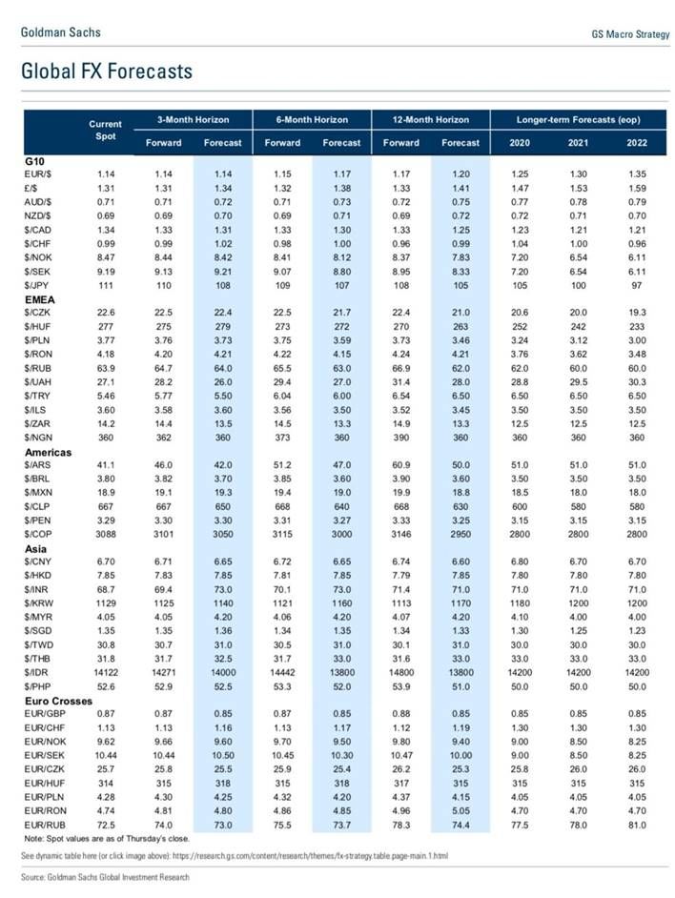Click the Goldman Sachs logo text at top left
pos(60,32)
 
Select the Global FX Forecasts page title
pos(106,71)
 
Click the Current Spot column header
pos(106,131)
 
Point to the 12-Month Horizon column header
pos(431,120)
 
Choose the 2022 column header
pos(637,143)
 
